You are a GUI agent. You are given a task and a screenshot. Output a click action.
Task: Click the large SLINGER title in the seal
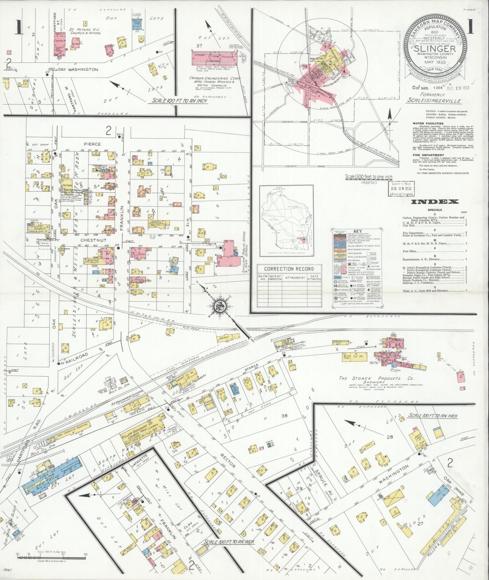(435, 49)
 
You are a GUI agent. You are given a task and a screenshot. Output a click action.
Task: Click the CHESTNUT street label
(89, 240)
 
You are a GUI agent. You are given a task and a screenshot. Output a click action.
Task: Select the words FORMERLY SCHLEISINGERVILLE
(434, 98)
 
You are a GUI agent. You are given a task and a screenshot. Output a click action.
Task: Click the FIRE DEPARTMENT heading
(428, 155)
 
